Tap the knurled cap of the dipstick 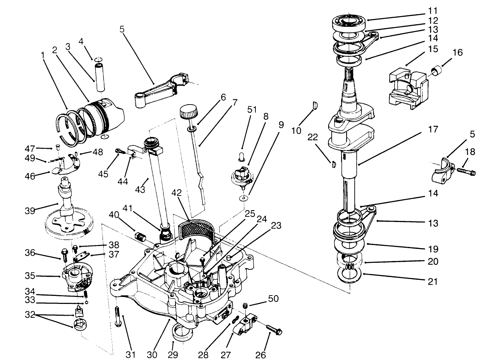[188, 113]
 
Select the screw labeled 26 [275, 329]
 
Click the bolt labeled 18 [466, 171]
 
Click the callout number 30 [152, 354]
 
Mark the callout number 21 [432, 281]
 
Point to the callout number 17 [433, 129]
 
